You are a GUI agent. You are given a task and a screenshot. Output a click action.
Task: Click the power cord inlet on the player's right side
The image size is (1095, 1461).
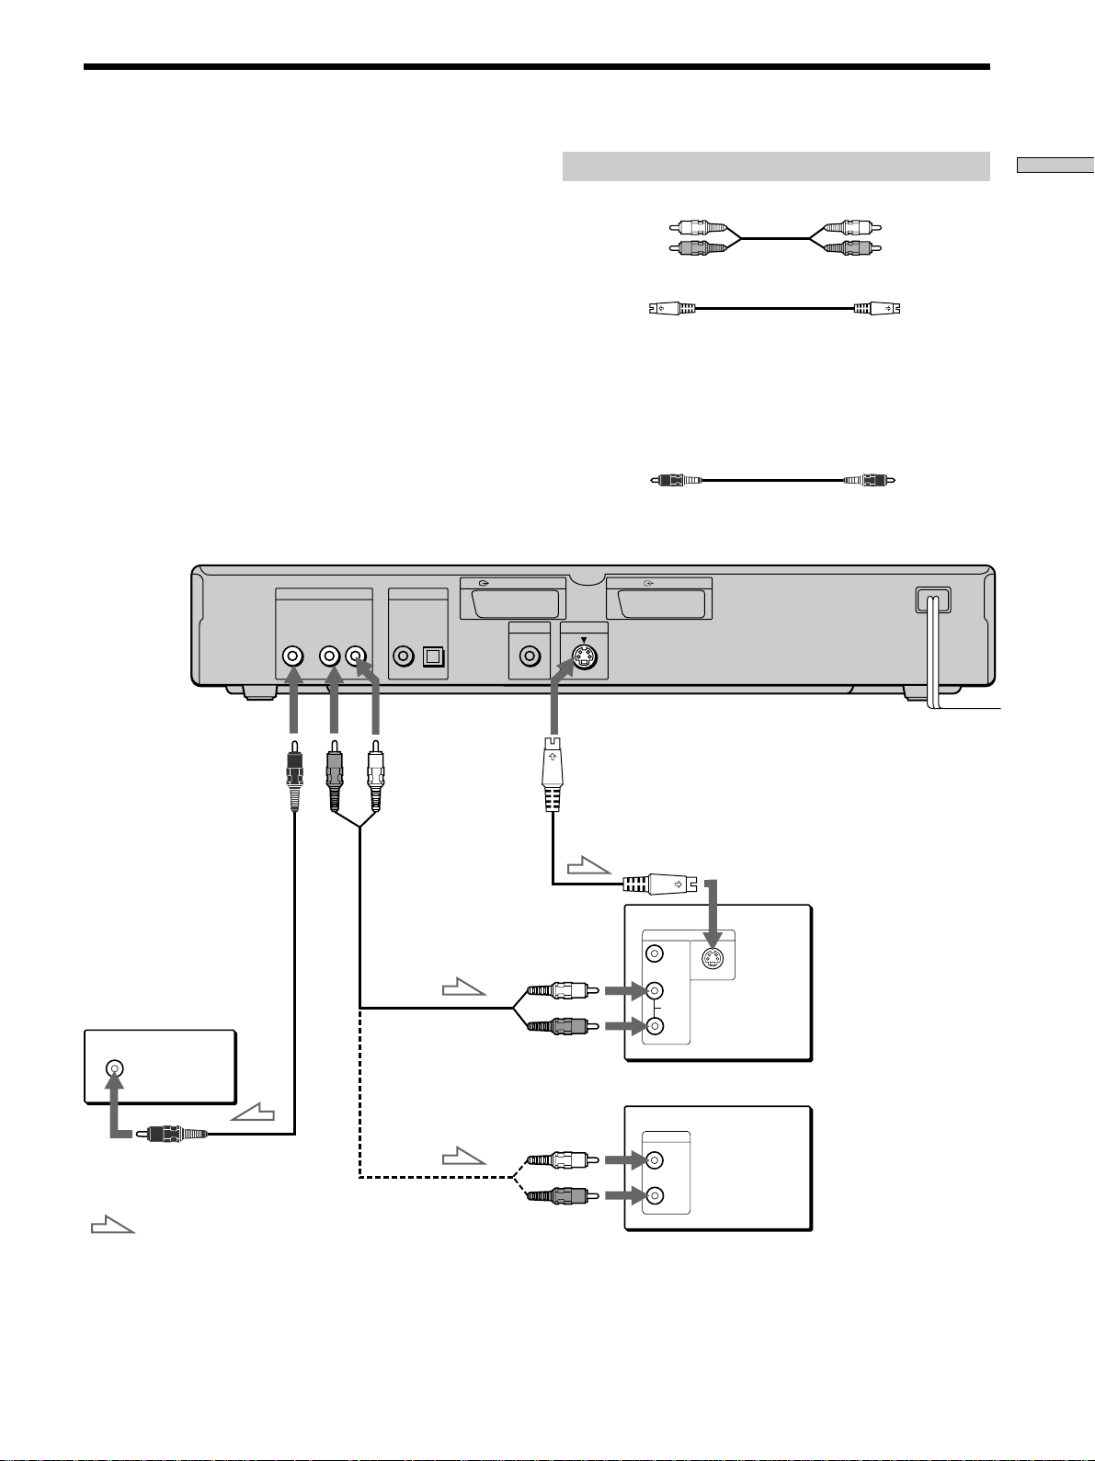[x=932, y=599]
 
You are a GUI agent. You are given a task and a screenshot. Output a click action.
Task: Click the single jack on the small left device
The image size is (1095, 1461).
[x=114, y=1068]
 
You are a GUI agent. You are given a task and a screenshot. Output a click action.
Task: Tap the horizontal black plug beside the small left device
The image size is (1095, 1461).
[x=171, y=1135]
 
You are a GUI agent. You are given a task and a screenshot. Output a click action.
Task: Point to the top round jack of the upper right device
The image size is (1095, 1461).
[x=654, y=953]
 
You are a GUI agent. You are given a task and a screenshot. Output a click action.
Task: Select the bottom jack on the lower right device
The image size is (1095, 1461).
[x=654, y=1196]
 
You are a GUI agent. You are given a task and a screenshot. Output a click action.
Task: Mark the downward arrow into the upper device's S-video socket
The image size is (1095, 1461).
[x=710, y=910]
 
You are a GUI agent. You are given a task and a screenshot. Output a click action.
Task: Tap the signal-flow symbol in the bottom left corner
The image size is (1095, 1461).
[x=113, y=1225]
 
